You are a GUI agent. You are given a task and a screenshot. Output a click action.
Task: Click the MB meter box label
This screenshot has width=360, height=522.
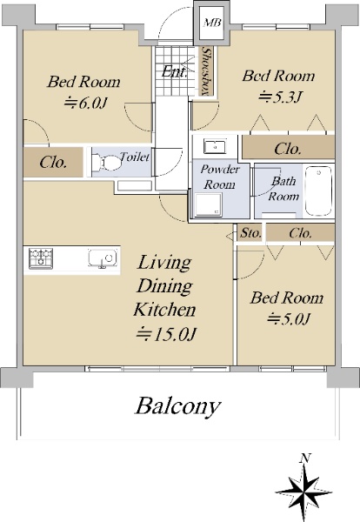point(212,23)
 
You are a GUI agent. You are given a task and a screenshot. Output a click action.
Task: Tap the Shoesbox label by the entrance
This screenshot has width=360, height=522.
point(207,71)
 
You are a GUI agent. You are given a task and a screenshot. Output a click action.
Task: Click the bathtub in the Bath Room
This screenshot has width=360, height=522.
point(318,191)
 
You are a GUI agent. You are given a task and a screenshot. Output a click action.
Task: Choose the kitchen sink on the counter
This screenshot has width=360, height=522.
point(102,258)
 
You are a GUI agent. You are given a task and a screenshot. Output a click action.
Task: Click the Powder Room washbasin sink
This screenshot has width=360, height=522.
point(215,146)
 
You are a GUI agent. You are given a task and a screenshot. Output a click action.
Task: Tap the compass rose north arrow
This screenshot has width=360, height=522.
point(303,490)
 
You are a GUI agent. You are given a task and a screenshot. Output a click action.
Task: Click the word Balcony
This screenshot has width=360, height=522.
point(177,405)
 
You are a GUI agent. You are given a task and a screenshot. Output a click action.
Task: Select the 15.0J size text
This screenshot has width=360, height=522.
point(166,334)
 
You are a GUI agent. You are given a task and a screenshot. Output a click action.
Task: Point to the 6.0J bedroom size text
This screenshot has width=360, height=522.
point(85,104)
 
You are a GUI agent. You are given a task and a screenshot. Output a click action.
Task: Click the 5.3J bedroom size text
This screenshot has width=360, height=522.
point(280,97)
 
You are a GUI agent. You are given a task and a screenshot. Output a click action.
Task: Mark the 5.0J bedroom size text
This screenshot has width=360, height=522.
point(289,319)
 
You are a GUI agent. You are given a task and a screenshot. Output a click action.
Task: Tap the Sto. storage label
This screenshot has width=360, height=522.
point(250,233)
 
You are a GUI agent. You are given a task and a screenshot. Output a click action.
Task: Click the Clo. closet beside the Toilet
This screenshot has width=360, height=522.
point(53,163)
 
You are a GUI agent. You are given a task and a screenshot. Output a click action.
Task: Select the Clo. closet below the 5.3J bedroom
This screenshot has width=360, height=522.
point(288,149)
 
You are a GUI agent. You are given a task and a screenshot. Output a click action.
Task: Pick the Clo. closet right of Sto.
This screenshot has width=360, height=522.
point(300,233)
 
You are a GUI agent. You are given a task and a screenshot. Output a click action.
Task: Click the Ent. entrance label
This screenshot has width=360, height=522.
point(174,71)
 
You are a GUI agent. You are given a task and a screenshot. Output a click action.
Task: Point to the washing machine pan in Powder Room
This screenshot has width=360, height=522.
point(209,204)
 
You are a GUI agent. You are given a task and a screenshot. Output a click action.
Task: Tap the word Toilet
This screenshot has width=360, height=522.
point(135,157)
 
